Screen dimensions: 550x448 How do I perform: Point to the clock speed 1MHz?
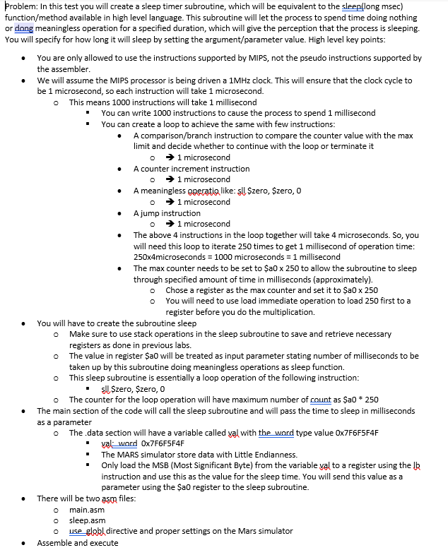click(x=216, y=80)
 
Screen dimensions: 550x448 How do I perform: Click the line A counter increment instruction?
click(x=191, y=169)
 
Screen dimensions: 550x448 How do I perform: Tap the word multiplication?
click(x=288, y=312)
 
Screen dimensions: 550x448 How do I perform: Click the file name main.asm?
click(x=86, y=510)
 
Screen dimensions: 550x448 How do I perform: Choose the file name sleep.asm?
click(x=87, y=520)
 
